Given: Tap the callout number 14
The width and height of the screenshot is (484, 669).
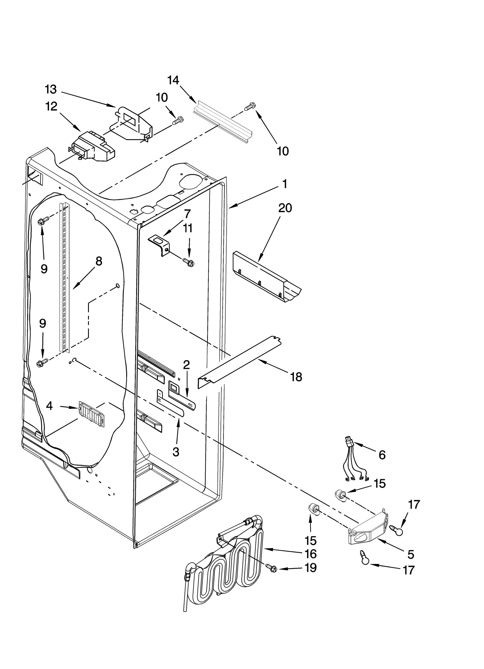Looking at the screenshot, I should point(173,80).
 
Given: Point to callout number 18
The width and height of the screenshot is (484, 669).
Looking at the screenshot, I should point(296,377).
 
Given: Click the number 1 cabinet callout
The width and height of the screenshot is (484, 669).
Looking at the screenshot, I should point(284,184).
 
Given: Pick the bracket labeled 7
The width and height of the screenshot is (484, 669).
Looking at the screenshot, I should point(159,246).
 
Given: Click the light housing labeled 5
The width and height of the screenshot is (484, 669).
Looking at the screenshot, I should point(368,529).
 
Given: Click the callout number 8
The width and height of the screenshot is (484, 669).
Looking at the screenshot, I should point(99,261).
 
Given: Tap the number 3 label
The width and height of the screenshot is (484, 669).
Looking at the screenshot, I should point(176,452).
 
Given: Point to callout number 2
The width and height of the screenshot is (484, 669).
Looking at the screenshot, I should point(186,365).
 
